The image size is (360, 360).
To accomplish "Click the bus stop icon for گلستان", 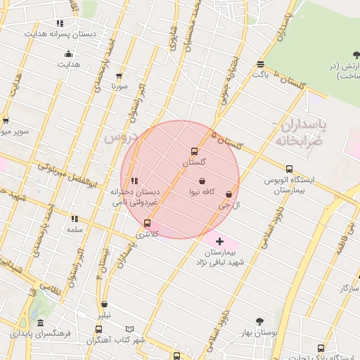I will click(194, 151).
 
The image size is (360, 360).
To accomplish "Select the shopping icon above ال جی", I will click(229, 195).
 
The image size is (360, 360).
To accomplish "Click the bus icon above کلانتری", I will click(147, 223).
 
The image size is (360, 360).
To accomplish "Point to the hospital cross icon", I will click(219, 241).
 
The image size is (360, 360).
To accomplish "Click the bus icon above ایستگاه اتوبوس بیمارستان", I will click(289, 169).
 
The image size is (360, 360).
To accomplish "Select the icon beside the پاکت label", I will click(261, 63).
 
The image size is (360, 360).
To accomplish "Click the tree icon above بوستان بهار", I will click(259, 322).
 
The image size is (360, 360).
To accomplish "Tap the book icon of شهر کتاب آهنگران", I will click(129, 329).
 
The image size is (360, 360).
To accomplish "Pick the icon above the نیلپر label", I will click(105, 304).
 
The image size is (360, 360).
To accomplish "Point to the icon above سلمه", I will click(75, 219).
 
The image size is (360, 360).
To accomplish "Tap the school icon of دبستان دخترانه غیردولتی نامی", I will click(134, 181).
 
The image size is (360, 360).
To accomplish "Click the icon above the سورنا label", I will click(118, 76).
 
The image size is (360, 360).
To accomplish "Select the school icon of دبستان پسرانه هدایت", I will click(60, 23).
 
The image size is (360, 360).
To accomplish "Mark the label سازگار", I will click(349, 288).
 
